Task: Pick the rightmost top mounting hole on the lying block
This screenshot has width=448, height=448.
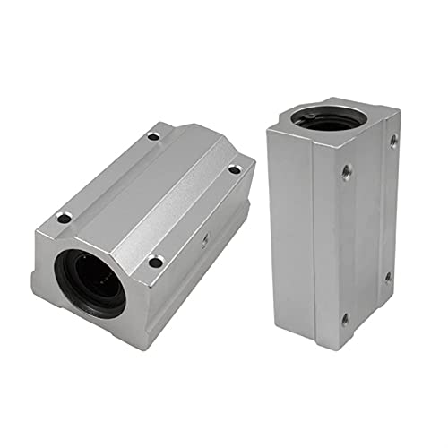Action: [235, 168]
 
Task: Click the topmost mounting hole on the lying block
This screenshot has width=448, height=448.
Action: [153, 136]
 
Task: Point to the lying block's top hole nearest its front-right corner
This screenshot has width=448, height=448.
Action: [155, 262]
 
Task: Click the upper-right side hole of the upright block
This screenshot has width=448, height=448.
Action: [392, 140]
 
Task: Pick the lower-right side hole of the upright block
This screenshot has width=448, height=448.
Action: [388, 276]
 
